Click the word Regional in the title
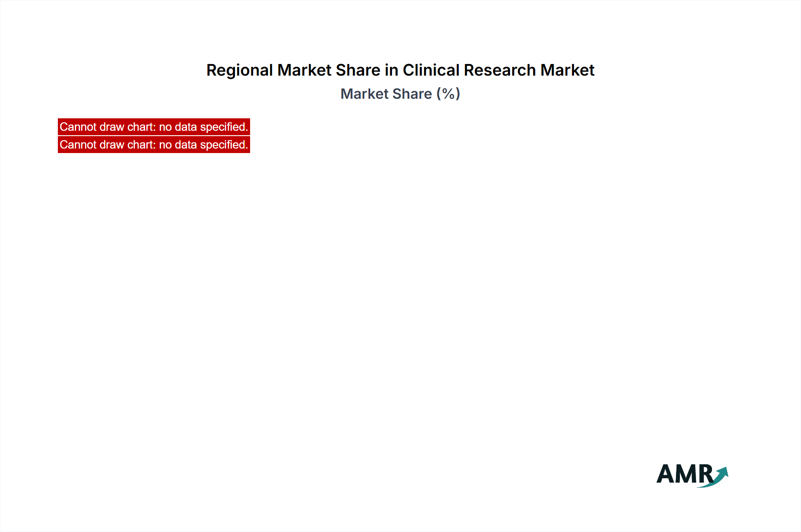coord(239,71)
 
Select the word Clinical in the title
coord(431,70)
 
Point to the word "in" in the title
coord(392,70)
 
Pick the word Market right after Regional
coord(304,70)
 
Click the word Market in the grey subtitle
coord(364,94)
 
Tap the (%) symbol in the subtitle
coord(448,94)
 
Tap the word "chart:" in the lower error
coord(142,145)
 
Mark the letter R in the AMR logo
coord(706,474)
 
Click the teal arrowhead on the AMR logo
coord(723,472)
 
